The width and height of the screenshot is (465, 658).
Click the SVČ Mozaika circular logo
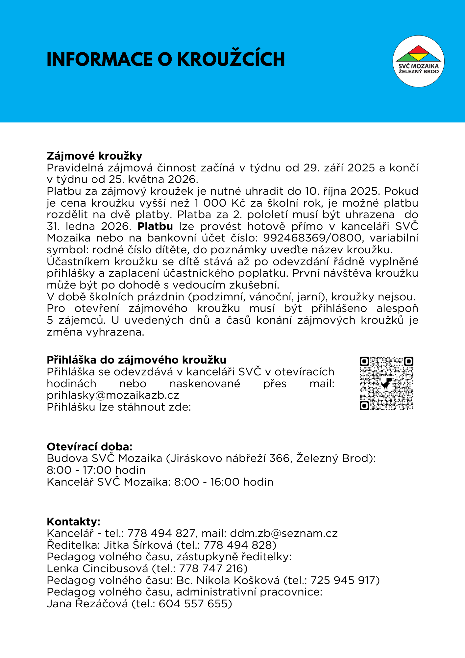(x=418, y=62)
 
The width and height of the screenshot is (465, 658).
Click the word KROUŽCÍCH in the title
(x=231, y=60)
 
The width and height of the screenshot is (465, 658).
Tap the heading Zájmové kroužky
(x=94, y=156)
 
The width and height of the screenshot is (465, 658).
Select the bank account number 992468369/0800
(x=312, y=238)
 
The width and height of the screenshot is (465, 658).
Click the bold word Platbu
(x=155, y=226)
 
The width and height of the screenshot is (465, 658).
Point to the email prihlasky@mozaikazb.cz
(x=113, y=395)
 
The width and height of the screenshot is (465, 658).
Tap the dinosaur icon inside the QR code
(x=387, y=383)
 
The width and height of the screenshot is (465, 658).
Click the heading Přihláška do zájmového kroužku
(x=136, y=360)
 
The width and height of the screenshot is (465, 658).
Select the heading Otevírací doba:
(x=89, y=446)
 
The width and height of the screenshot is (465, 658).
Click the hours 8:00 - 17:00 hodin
(x=96, y=470)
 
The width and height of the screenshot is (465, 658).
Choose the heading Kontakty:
(x=73, y=521)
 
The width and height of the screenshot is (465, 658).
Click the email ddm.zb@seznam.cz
(x=284, y=533)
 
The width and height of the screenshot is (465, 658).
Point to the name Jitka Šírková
(x=138, y=545)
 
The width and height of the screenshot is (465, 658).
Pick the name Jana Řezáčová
(x=87, y=604)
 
